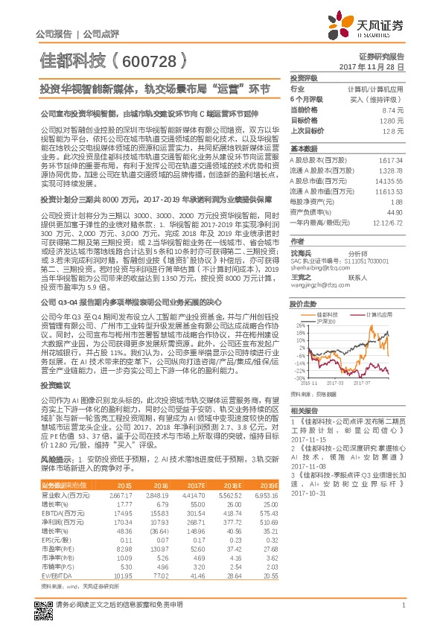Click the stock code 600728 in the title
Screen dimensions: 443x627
(149, 60)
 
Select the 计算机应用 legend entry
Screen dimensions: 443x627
(379, 293)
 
